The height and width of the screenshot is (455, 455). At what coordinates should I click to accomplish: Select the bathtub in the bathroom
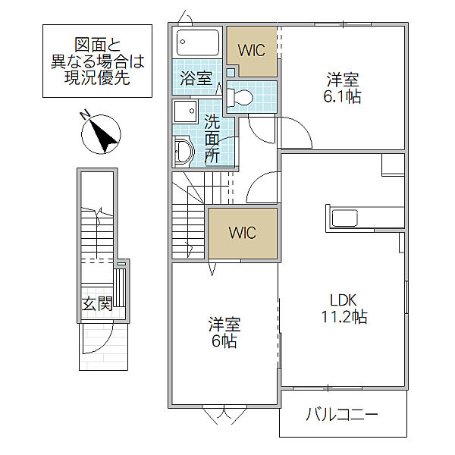[x=196, y=42]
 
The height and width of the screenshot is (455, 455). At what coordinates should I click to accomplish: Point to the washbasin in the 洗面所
[x=184, y=152]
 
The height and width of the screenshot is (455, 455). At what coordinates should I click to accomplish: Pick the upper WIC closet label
[x=251, y=51]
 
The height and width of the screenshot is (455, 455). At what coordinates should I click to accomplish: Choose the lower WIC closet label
[x=243, y=233]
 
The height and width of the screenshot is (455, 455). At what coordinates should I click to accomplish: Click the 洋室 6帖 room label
[x=224, y=334]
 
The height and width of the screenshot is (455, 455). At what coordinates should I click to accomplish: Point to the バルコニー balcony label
[x=342, y=415]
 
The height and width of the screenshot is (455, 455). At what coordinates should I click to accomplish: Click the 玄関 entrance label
[x=98, y=304]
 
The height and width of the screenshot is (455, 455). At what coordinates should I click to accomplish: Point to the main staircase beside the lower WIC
[x=189, y=215]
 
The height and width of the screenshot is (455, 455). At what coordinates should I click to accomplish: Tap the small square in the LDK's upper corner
[x=393, y=165]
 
